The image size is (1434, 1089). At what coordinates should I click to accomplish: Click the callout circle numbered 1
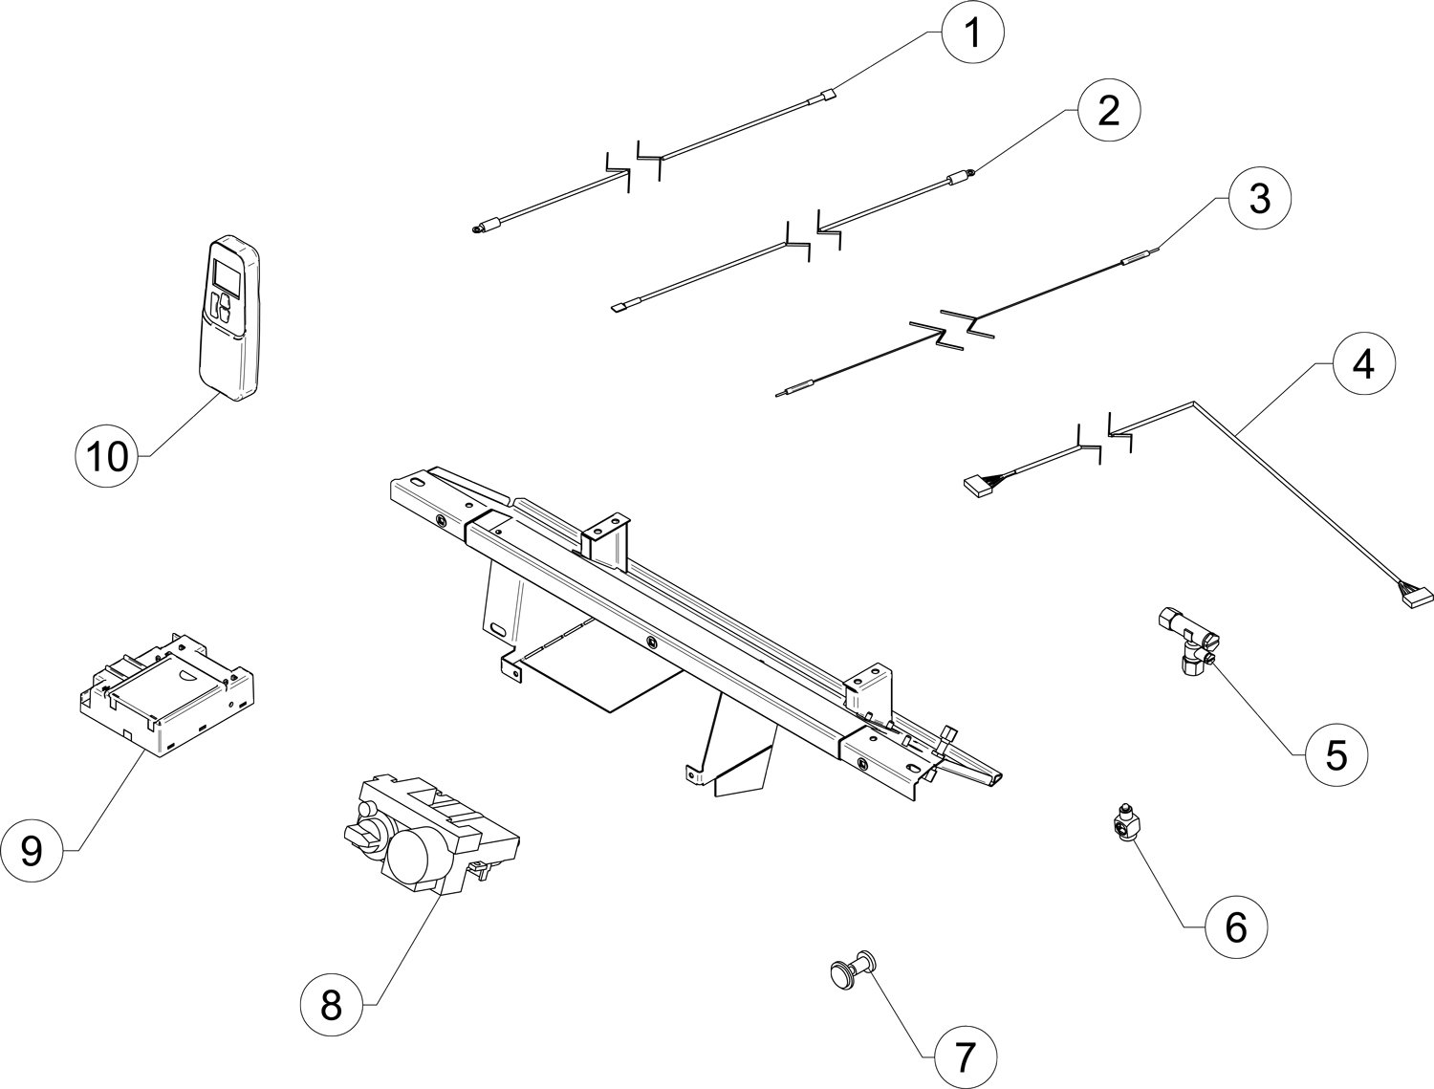click(x=972, y=34)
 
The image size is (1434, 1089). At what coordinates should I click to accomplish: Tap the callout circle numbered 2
click(x=1107, y=112)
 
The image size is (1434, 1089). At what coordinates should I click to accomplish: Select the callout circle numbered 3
click(x=1259, y=199)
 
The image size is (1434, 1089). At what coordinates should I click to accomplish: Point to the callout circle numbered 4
click(x=1364, y=365)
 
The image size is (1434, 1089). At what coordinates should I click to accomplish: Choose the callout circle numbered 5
click(x=1336, y=754)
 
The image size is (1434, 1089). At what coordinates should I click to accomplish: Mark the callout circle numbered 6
click(x=1235, y=926)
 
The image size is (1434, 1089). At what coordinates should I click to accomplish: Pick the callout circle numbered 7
click(x=963, y=1056)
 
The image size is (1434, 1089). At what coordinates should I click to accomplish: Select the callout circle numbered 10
click(x=107, y=455)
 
